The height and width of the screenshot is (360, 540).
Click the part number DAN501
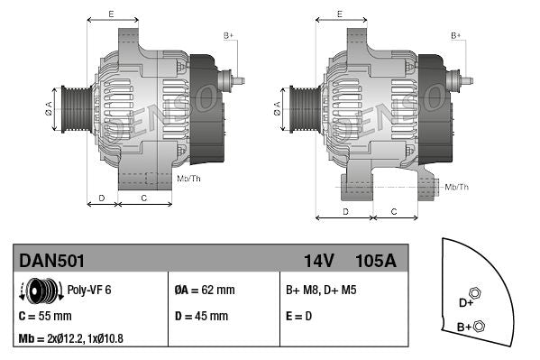[52, 261]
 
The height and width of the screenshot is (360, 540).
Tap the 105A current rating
[377, 261]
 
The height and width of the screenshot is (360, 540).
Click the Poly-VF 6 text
[89, 291]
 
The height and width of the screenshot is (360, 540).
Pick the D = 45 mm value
[201, 317]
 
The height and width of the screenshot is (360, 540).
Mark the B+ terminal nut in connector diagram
[479, 326]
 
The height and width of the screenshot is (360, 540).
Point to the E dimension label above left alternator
[110, 14]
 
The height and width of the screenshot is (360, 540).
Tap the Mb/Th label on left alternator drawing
[189, 179]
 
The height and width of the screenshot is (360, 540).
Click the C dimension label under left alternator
[145, 197]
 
